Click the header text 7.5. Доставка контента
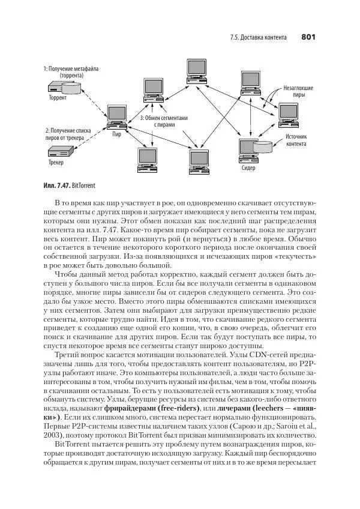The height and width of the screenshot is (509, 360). [258, 38]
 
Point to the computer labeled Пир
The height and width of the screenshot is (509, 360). [116, 115]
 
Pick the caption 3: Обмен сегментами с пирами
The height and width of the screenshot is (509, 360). [163, 121]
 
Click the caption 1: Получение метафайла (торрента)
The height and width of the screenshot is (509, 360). [71, 72]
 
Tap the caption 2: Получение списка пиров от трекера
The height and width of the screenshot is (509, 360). [68, 134]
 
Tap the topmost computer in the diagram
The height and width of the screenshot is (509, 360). [195, 67]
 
